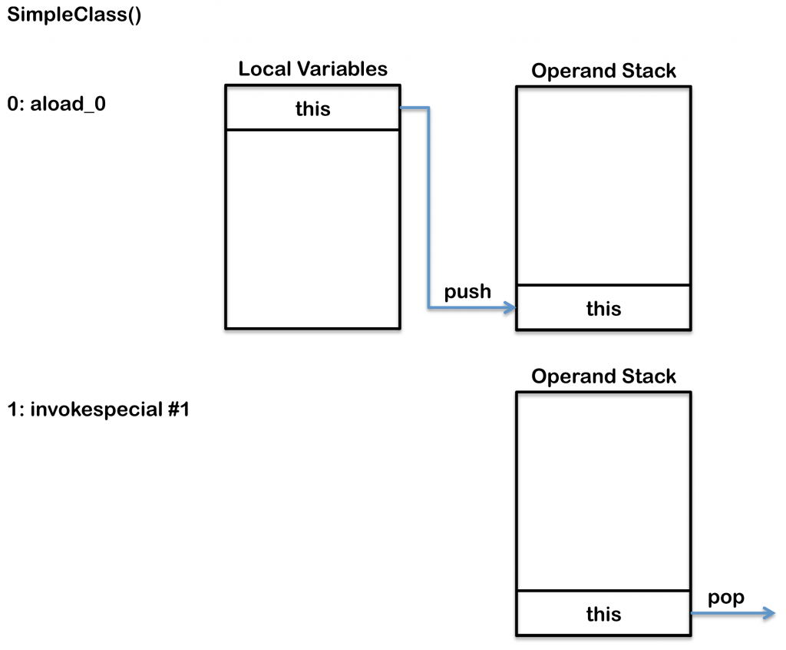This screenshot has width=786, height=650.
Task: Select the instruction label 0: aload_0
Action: (x=56, y=104)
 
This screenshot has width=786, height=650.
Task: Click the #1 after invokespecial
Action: (x=174, y=410)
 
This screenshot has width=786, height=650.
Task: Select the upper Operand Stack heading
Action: (x=603, y=71)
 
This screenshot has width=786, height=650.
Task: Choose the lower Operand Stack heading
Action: (x=603, y=376)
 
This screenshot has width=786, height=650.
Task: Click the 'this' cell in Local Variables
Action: (x=312, y=108)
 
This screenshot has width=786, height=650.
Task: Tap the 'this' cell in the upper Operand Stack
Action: (x=603, y=308)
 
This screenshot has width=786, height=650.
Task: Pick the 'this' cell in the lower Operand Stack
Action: (x=603, y=614)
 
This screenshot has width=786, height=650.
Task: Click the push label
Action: (x=467, y=292)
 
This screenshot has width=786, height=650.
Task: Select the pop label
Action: (x=726, y=598)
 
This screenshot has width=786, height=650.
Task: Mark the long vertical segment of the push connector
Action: (x=428, y=207)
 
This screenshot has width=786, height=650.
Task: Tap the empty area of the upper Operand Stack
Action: (x=603, y=185)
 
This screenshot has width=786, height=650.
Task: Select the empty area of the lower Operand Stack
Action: (x=603, y=491)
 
